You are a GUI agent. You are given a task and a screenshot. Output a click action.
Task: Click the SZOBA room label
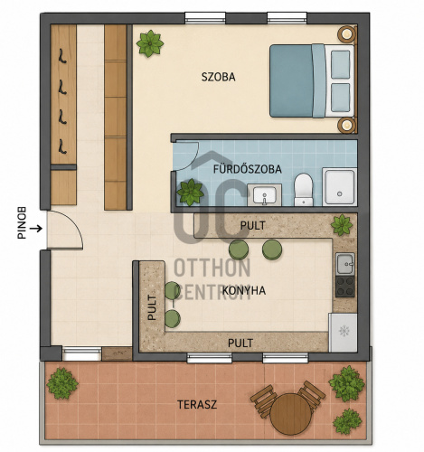218,77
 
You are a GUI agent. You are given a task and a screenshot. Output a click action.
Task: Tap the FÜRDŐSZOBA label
248,169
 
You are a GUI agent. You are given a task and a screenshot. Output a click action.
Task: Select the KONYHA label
244,290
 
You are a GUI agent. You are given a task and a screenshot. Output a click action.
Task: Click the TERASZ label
197,404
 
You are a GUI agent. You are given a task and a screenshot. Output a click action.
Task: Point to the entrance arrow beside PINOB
36,229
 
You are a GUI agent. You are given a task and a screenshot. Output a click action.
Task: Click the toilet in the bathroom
304,189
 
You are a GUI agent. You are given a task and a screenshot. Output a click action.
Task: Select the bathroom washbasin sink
265,195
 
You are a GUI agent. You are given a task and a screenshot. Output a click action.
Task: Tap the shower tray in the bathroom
340,187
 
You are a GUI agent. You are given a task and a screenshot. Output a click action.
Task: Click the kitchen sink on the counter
345,264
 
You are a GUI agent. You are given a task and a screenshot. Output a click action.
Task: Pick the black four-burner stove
345,287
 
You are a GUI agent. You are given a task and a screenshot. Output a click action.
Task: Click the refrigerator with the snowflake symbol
343,333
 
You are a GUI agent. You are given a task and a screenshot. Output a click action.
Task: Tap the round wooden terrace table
291,414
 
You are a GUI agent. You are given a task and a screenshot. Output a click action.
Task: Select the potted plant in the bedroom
150,43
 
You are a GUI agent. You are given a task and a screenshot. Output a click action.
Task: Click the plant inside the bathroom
191,193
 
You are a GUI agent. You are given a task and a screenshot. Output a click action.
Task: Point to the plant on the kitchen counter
342,225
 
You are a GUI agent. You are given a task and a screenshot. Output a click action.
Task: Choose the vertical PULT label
152,307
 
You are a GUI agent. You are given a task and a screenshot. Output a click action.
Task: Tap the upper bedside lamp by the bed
346,33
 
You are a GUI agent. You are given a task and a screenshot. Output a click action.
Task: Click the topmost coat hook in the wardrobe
62,56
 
